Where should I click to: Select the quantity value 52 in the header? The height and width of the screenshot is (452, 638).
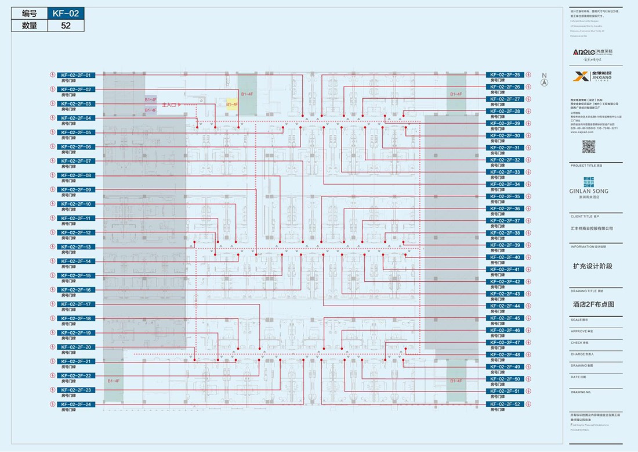(x=65, y=26)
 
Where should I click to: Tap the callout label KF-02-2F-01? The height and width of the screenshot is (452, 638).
(x=75, y=75)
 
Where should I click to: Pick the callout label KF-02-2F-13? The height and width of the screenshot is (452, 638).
(x=75, y=247)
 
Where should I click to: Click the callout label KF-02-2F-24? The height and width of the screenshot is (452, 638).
(x=75, y=404)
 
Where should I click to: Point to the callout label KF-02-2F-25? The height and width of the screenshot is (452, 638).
(x=505, y=75)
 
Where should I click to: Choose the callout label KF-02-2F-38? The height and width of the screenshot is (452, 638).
(x=505, y=233)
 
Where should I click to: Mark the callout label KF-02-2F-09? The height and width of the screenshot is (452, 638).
(x=75, y=190)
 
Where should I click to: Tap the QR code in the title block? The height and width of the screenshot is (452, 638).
(x=589, y=146)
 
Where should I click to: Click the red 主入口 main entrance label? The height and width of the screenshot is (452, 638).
(x=169, y=105)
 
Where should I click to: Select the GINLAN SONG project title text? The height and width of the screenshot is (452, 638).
(x=589, y=191)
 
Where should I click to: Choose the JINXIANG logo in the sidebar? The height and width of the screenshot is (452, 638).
(x=589, y=77)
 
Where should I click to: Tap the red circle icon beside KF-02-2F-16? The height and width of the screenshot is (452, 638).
(x=53, y=290)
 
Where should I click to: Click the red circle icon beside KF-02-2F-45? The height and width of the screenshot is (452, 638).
(x=528, y=318)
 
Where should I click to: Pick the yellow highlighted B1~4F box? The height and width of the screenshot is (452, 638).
(x=232, y=103)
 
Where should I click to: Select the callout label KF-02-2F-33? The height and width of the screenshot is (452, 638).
(x=505, y=172)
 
